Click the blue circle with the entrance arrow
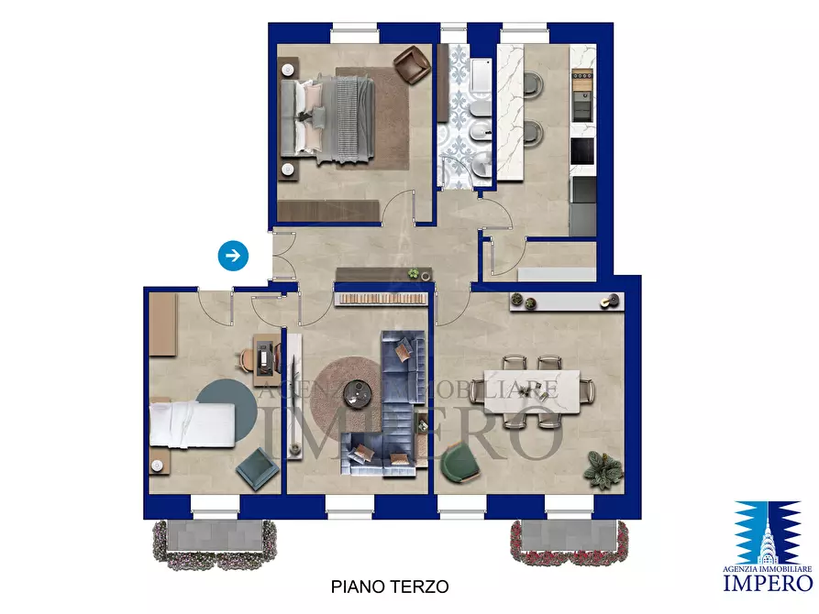(x=234, y=256)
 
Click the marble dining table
(x=531, y=391)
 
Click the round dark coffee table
(x=356, y=393)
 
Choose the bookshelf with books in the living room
(x=382, y=298)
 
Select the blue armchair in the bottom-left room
(x=257, y=469)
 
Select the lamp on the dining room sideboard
(x=607, y=301)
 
